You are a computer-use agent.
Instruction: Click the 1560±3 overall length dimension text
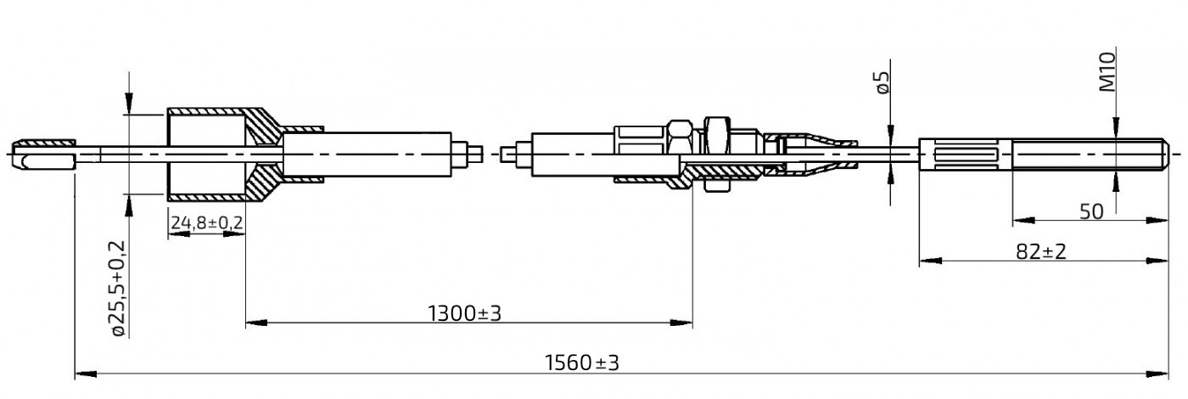[581, 363]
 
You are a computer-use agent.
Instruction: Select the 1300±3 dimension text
[464, 313]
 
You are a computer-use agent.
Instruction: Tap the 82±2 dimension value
[1040, 252]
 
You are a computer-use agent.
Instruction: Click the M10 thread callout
[1108, 71]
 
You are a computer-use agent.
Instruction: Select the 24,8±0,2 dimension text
[207, 223]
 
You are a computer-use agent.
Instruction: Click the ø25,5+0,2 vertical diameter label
[118, 289]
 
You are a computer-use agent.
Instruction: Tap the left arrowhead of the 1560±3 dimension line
[81, 373]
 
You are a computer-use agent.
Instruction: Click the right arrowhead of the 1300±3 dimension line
[686, 323]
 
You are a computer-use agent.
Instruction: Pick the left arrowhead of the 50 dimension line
[1018, 221]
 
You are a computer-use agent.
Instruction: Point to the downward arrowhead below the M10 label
[1117, 127]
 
